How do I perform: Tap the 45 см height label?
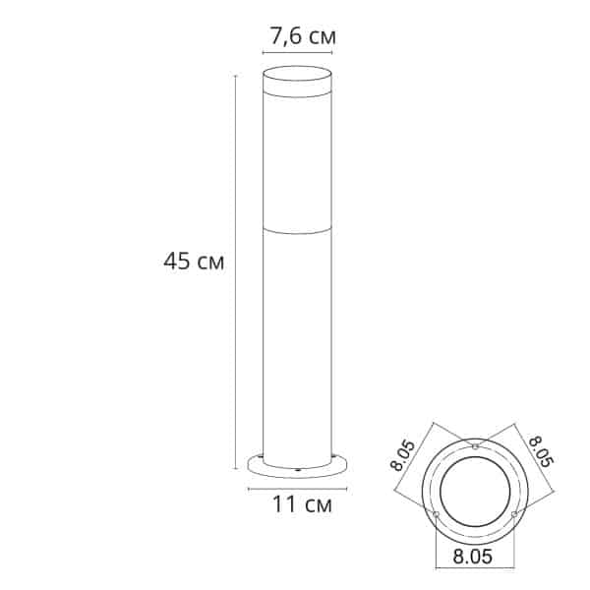194,263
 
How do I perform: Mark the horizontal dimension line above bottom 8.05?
474,539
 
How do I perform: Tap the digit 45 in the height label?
178,263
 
